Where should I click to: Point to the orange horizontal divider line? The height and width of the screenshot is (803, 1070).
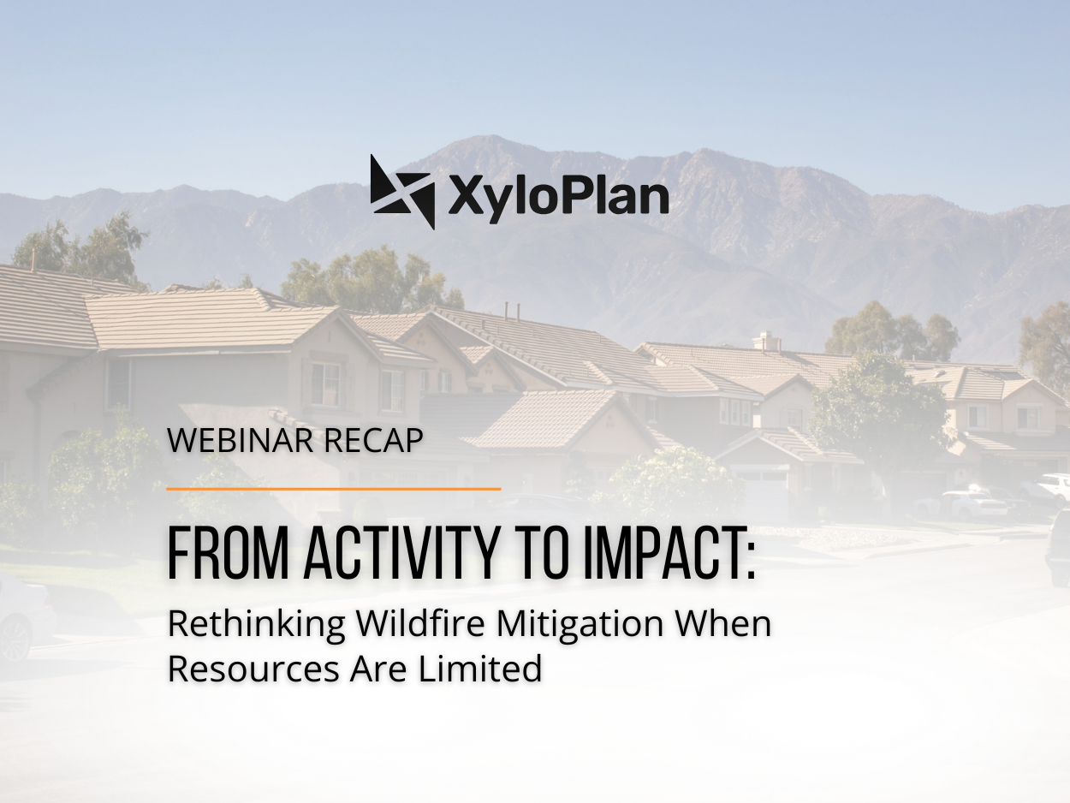click(333, 489)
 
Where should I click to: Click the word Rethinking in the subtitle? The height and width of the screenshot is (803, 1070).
click(257, 625)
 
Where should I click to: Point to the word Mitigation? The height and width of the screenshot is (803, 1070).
click(580, 625)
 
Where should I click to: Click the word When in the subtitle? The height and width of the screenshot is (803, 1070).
click(723, 624)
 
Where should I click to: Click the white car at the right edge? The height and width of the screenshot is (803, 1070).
click(1055, 486)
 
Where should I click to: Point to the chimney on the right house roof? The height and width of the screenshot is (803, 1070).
click(766, 341)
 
